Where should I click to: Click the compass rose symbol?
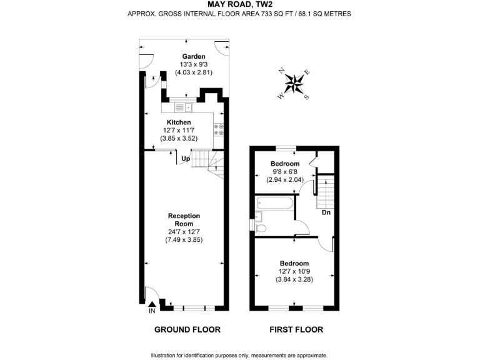click(x=294, y=83)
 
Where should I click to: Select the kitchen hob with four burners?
click(x=219, y=129)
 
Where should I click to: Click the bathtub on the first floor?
click(x=273, y=203)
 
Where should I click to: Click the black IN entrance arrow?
click(x=151, y=304)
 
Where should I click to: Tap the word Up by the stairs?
click(x=185, y=159)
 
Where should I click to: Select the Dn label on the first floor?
click(x=326, y=212)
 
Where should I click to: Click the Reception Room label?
click(x=184, y=219)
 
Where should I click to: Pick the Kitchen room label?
click(x=179, y=122)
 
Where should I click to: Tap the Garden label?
click(x=185, y=56)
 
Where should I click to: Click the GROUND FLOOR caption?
click(x=187, y=329)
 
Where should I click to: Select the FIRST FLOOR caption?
click(x=296, y=329)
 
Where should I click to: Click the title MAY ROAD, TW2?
click(x=239, y=4)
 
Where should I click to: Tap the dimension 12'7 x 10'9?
click(x=294, y=271)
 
